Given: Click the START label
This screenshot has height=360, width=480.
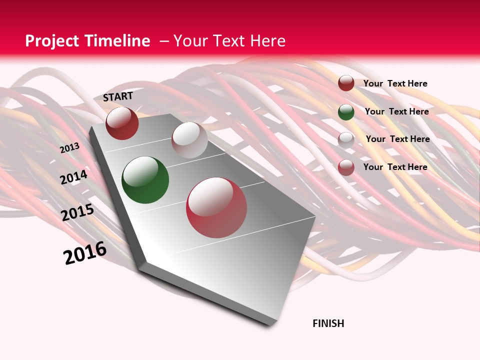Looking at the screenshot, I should (118, 96).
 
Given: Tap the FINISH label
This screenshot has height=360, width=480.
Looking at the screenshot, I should (328, 323).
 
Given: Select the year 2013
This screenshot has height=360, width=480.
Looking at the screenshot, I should (69, 148).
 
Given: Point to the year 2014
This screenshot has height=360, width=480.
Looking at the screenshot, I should (74, 177).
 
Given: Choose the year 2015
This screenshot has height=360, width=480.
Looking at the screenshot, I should (77, 212).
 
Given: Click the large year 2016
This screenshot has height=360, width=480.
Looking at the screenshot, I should (85, 253).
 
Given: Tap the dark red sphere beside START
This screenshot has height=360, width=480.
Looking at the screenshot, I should (122, 123).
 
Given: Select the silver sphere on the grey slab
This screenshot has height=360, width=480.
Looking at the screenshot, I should (189, 140).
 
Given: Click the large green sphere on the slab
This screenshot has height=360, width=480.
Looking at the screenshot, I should (145, 180).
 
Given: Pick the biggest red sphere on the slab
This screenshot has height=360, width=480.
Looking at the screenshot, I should (216, 207).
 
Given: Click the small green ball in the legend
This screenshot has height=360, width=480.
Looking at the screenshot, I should (346, 112).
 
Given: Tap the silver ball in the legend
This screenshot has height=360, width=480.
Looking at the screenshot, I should (346, 139).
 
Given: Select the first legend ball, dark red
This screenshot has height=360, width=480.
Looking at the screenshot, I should (346, 83).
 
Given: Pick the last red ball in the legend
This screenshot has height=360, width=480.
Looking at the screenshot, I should (346, 167).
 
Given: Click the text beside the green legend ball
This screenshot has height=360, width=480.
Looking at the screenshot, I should (396, 111).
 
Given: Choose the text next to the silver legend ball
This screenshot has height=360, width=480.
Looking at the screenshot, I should (397, 139).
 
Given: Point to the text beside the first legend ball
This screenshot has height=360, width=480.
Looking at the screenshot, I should (395, 83).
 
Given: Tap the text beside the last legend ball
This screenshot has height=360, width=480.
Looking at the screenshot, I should (395, 167).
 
